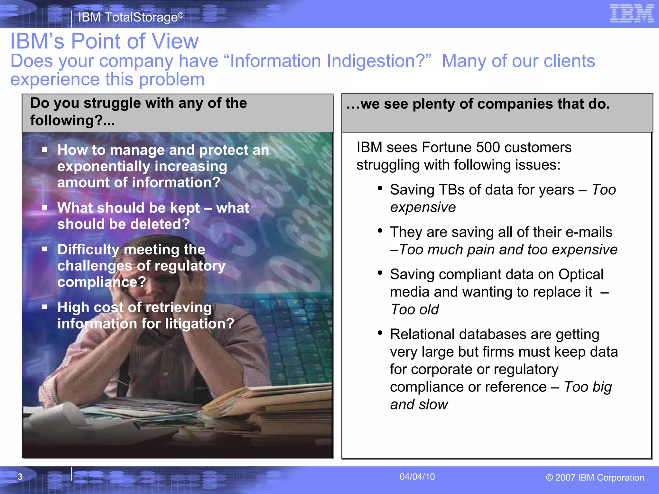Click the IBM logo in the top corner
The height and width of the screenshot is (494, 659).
(632, 14)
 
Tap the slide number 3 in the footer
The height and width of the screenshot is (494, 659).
(20, 477)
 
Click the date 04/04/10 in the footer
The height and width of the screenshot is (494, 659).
(417, 477)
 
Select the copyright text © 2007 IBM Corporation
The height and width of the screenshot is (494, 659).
(595, 478)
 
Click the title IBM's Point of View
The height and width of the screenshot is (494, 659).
(105, 41)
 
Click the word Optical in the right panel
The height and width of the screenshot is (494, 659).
(581, 274)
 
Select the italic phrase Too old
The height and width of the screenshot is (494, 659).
(414, 309)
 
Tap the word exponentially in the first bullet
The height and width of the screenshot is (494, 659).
(104, 167)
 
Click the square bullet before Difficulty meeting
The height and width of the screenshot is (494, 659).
(44, 249)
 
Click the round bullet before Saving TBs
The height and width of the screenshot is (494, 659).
(380, 188)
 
